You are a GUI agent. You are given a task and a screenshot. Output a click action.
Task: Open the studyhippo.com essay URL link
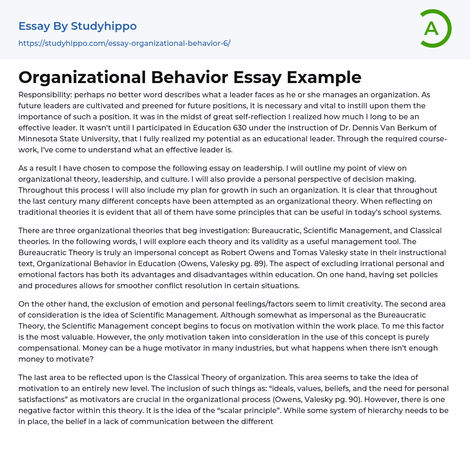pyautogui.click(x=124, y=44)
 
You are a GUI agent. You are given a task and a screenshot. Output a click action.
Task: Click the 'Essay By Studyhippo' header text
pyautogui.click(x=78, y=26)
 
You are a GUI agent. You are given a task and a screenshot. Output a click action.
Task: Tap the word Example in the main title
pyautogui.click(x=324, y=77)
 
